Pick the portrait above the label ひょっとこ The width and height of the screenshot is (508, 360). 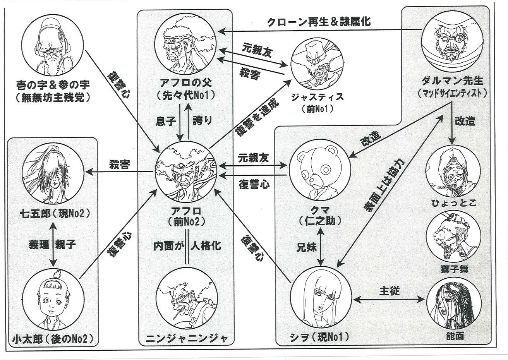pyautogui.click(x=453, y=170)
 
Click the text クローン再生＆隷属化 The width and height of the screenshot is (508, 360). pyautogui.click(x=319, y=22)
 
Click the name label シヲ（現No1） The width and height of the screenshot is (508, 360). pyautogui.click(x=320, y=337)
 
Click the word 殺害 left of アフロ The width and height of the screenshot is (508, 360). pyautogui.click(x=119, y=164)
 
